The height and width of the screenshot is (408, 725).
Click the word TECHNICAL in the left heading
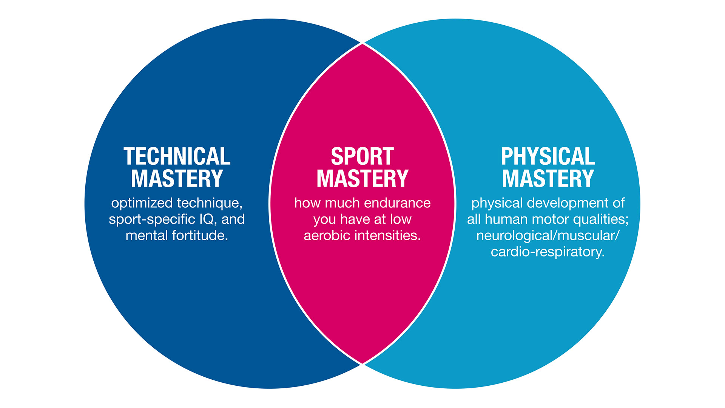click(x=177, y=156)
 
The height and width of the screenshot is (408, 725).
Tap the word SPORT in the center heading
click(x=362, y=156)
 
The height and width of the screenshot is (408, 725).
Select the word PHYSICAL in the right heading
click(x=548, y=156)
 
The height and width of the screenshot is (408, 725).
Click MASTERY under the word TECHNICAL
click(x=177, y=179)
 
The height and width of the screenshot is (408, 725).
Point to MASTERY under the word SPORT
click(x=362, y=179)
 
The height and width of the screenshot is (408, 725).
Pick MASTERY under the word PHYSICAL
click(x=548, y=179)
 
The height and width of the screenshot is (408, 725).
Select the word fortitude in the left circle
click(x=200, y=235)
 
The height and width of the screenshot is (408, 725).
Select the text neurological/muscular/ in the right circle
click(x=548, y=235)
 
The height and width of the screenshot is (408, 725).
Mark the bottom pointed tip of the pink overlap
click(x=362, y=363)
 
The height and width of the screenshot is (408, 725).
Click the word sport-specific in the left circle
click(x=147, y=219)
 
